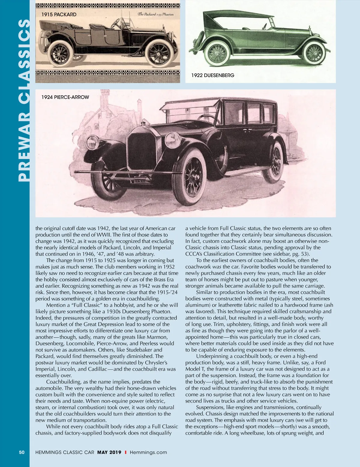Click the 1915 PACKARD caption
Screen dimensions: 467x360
(59, 14)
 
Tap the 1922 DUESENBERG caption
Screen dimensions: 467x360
(213, 75)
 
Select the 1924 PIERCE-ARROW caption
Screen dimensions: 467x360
(65, 97)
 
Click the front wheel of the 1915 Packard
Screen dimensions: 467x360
(159, 54)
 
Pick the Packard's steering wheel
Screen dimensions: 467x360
(115, 23)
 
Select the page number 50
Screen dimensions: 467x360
(22, 452)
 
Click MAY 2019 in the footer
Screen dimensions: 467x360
(109, 452)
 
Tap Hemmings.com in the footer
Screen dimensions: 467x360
(148, 452)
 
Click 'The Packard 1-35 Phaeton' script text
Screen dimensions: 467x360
(155, 14)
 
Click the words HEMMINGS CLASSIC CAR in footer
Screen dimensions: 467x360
(65, 452)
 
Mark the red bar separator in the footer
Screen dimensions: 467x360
(125, 452)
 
